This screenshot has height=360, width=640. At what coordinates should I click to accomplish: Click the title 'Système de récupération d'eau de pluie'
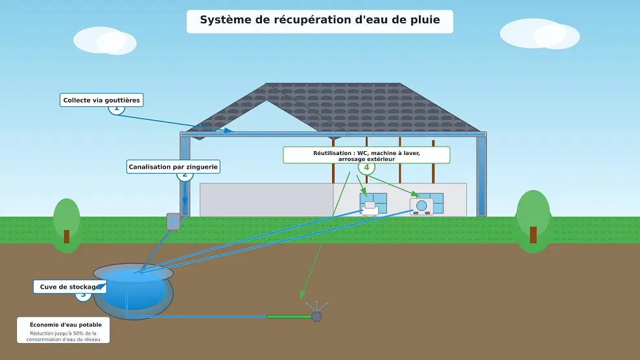coord(320,20)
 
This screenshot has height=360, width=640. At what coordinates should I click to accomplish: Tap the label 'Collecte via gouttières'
coord(101,100)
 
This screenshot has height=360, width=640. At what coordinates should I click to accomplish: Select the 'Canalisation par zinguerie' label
coord(173,167)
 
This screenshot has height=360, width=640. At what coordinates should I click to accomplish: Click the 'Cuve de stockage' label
coord(69,287)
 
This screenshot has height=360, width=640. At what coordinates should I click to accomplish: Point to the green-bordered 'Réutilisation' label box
coord(366,155)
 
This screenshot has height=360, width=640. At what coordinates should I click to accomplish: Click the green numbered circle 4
coord(366,167)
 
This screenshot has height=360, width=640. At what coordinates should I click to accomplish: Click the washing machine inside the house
coord(421,206)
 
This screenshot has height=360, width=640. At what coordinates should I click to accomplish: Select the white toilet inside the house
coord(370,208)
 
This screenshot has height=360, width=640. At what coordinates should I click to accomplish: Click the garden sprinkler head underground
coord(316,316)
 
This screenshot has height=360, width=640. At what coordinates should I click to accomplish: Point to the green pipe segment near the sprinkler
coord(289,317)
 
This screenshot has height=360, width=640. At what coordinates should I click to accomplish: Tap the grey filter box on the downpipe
coord(173,221)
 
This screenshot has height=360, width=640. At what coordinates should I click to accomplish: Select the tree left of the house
coord(66,221)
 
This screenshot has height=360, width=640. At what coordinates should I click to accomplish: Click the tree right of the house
coord(533,217)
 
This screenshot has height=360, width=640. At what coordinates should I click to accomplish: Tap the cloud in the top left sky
coord(105,40)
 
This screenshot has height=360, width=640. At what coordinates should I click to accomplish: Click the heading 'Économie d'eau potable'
coord(65,324)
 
